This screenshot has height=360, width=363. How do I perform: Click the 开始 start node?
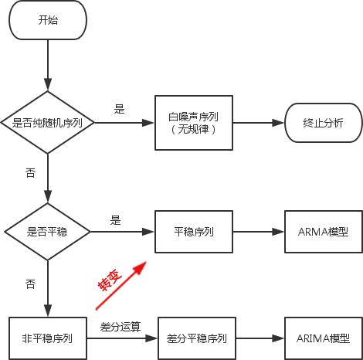tap(47, 21)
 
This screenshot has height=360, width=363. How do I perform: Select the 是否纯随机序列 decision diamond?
tap(47, 122)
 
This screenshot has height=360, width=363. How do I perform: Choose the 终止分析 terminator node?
tap(324, 122)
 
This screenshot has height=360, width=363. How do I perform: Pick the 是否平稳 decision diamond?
tap(47, 231)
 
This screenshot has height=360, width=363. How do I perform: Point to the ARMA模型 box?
tap(324, 231)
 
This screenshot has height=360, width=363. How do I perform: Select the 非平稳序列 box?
tap(47, 338)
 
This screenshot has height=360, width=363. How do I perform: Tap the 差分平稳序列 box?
tap(196, 338)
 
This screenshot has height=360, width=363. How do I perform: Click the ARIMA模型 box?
tap(324, 338)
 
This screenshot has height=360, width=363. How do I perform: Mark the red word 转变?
tap(107, 280)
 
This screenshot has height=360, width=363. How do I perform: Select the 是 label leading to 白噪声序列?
tap(119, 109)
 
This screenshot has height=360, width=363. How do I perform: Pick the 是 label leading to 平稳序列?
tap(116, 220)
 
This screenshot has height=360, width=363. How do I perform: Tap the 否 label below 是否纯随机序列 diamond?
tap(30, 173)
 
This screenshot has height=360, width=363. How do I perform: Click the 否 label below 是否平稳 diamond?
tap(30, 284)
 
